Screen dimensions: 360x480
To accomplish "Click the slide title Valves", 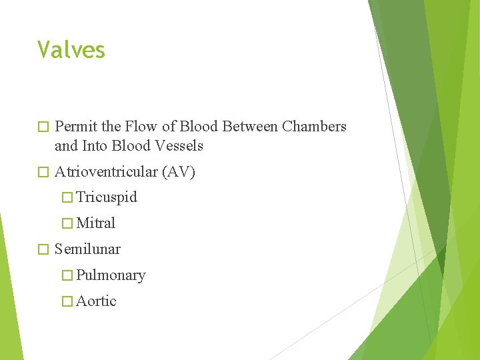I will click(71, 50).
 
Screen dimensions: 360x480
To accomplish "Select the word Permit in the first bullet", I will click(75, 127).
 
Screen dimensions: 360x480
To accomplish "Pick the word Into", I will click(95, 145).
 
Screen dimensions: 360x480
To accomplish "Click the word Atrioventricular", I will click(105, 172).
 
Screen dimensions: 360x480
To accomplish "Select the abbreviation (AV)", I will click(178, 172).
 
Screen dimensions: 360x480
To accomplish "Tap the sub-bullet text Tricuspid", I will click(107, 197).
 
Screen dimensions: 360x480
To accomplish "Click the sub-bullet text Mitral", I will click(96, 223).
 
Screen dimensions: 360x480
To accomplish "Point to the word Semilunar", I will click(87, 249).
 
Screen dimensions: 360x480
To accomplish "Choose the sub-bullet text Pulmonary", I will click(111, 275).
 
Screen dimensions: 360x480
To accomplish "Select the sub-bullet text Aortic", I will click(96, 301).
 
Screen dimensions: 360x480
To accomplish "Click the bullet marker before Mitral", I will click(67, 223).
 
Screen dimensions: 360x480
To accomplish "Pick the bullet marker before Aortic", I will click(67, 301).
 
